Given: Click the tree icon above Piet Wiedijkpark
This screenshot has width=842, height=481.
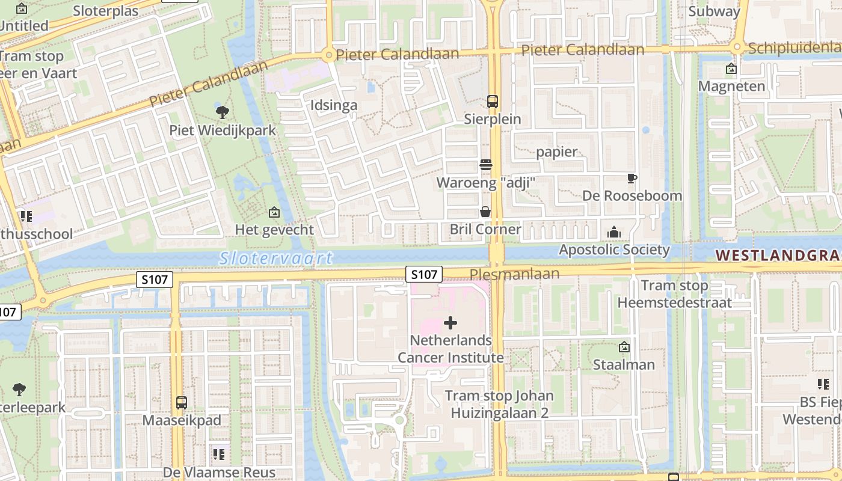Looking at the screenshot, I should [x=222, y=111].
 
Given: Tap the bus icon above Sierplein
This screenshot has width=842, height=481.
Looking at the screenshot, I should [x=493, y=101].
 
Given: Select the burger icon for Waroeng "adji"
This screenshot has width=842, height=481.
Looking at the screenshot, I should [x=485, y=164].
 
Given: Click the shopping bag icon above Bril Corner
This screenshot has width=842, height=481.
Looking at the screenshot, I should [x=485, y=212].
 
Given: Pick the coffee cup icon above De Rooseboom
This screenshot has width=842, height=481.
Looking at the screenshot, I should [x=631, y=178].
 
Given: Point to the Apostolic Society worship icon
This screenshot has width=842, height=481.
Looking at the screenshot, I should [x=613, y=232].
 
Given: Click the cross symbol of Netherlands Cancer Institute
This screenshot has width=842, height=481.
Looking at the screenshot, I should [x=450, y=323].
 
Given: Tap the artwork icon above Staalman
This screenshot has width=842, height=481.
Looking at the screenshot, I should [x=624, y=347].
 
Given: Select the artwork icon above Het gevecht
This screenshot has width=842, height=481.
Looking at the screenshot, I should [x=274, y=212].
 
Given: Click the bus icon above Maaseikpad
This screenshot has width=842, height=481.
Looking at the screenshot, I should [x=181, y=402].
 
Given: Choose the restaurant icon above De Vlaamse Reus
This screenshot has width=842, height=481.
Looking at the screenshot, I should [x=218, y=454].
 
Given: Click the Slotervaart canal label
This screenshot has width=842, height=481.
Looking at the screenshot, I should [x=275, y=259].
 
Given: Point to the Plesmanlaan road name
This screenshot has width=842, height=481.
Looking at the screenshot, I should [x=514, y=274].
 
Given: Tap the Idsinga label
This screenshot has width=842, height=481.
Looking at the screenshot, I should [x=334, y=105].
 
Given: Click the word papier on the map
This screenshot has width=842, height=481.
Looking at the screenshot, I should [x=556, y=152].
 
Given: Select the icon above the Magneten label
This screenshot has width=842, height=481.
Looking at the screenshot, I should [x=731, y=69].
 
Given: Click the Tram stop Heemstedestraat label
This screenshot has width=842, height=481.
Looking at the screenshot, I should [x=674, y=294].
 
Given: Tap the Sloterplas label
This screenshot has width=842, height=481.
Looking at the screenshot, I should [x=105, y=11].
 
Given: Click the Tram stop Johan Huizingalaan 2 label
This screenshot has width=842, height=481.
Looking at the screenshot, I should [x=500, y=404].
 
